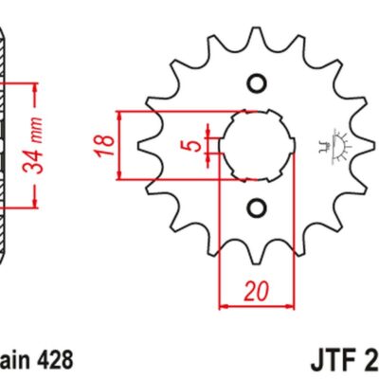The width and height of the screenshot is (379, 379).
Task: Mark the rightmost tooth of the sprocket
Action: coord(361,145)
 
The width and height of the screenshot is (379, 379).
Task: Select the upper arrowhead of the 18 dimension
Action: coord(120,115)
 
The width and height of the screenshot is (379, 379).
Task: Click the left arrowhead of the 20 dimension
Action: coord(224,306)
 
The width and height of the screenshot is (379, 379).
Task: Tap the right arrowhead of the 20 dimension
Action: coord(283,306)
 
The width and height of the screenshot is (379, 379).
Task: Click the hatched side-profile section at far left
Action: coord(5,142)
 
